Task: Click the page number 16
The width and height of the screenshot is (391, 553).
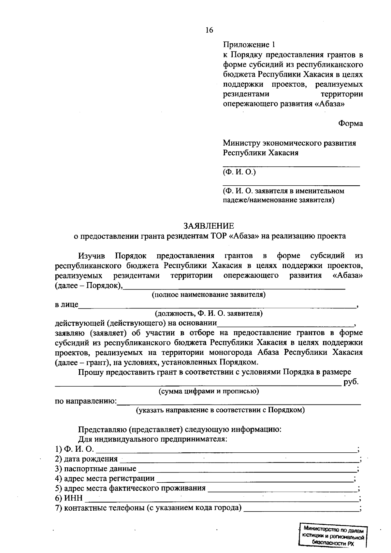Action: (209, 30)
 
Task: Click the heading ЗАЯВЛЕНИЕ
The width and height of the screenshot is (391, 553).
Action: (209, 226)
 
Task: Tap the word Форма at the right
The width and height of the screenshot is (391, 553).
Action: (350, 123)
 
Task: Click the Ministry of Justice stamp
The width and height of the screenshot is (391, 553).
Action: (333, 535)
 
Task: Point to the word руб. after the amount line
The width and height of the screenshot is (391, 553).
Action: (351, 382)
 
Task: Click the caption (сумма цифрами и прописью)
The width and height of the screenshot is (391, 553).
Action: (209, 391)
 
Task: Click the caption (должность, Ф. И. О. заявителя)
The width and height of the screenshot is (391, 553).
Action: (209, 314)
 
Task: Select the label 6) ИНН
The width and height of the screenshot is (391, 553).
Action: (69, 498)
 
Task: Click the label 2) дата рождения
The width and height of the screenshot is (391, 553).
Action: (86, 459)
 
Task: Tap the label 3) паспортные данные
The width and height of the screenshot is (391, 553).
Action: (95, 469)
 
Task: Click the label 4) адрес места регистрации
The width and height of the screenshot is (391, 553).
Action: (105, 479)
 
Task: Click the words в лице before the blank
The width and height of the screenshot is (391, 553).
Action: (66, 305)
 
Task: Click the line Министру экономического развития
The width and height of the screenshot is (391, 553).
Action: (289, 143)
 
